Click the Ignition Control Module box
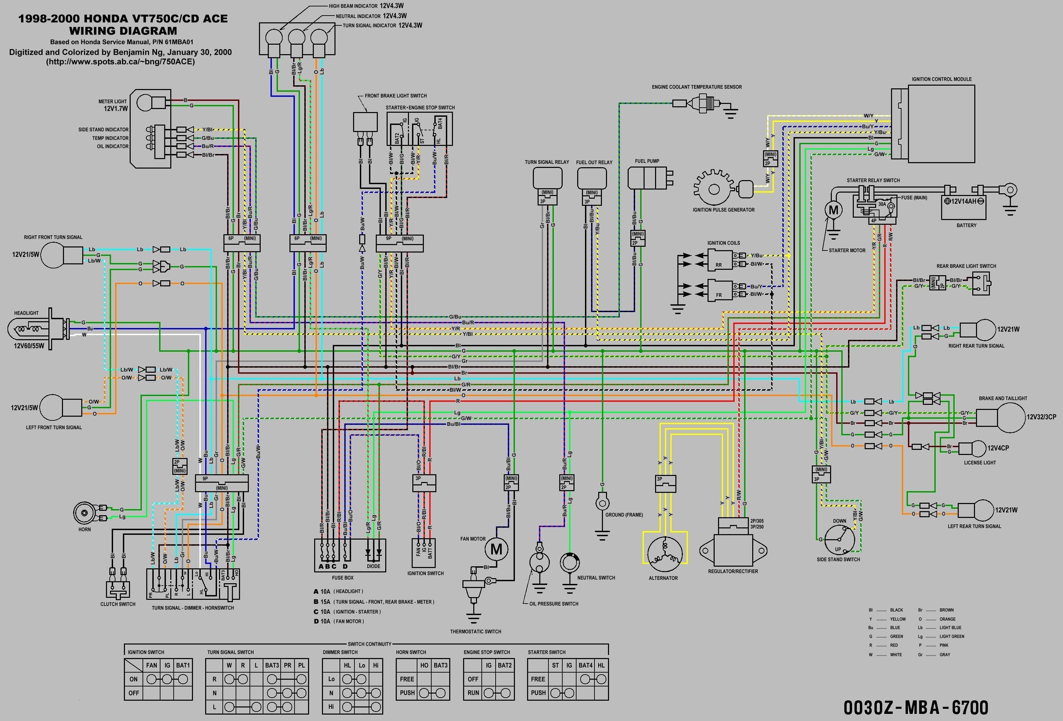(941, 124)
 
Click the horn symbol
(85, 512)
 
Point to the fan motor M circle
(496, 549)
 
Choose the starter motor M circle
(833, 210)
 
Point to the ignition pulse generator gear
(714, 189)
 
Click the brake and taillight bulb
(1005, 417)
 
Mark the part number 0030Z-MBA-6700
(916, 707)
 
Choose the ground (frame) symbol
(602, 503)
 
